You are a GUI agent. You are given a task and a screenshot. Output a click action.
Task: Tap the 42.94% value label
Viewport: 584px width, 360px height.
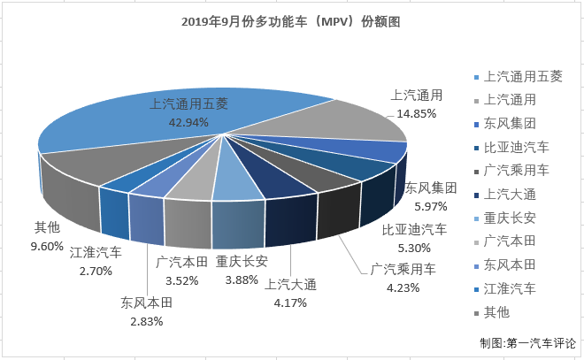(188, 122)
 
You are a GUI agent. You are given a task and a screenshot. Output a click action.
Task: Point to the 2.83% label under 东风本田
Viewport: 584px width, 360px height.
(146, 320)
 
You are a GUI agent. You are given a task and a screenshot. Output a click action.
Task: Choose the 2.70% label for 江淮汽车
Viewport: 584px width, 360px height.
(96, 271)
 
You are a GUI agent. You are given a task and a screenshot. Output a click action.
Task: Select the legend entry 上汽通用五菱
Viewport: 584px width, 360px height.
(522, 76)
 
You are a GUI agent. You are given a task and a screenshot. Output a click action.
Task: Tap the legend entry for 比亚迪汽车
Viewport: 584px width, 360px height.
(517, 147)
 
